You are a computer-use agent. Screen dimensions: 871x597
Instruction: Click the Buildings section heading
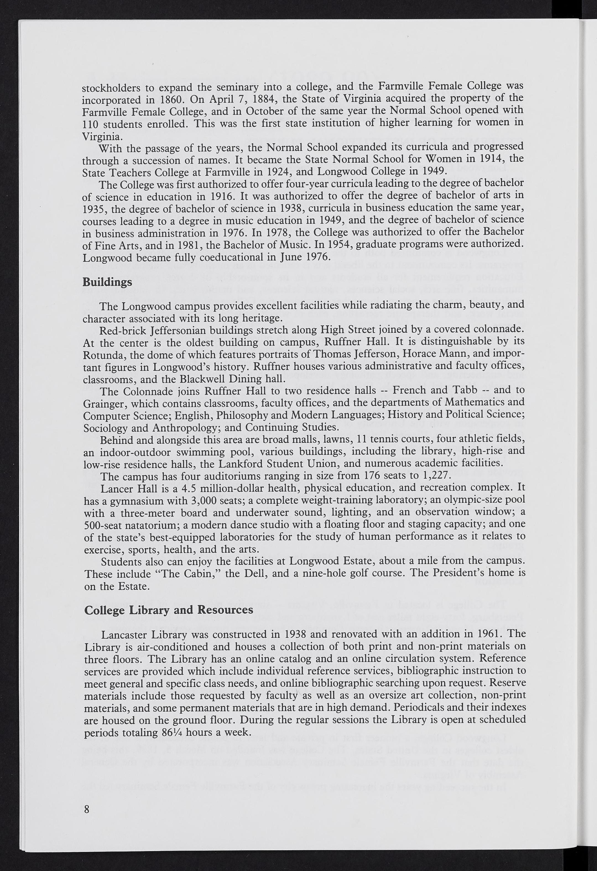click(x=107, y=282)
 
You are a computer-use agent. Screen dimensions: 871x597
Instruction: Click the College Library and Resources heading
click(x=169, y=610)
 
